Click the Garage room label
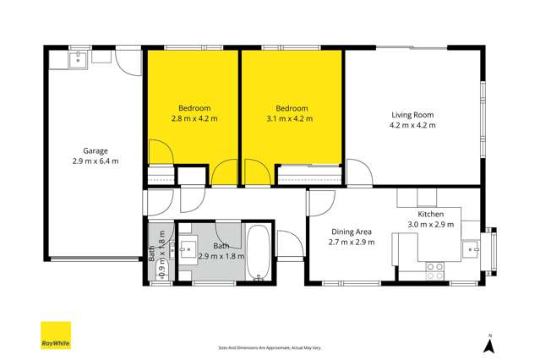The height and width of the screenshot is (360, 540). tap(95, 150)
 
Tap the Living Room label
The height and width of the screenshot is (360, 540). tap(412, 115)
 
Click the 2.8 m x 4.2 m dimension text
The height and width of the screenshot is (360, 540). tap(194, 118)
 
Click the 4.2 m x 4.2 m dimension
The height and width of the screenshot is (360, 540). tap(412, 125)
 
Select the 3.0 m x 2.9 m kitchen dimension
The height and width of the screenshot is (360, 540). tap(431, 224)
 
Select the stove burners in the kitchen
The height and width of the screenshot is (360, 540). tap(434, 270)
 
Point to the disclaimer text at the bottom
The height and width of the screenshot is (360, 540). tap(270, 347)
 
